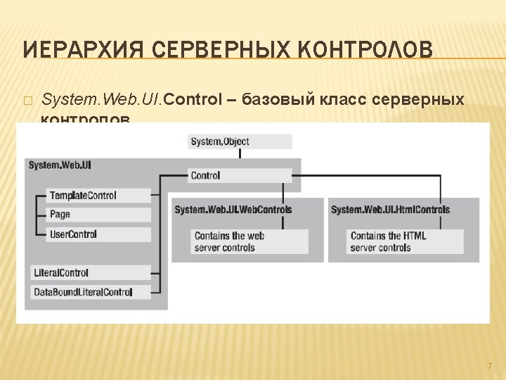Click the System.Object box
[x=240, y=141]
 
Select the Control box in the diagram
[x=240, y=176]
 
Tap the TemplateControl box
[x=99, y=195]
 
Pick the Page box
[x=99, y=214]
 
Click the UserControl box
[x=99, y=234]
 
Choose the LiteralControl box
[x=91, y=272]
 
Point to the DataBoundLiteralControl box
[x=91, y=291]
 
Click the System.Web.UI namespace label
[x=60, y=165]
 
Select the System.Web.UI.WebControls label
[x=233, y=210]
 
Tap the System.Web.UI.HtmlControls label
[x=390, y=210]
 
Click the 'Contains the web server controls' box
[x=249, y=241]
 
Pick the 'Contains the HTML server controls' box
[x=406, y=241]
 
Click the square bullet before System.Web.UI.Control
[x=27, y=101]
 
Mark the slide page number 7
[x=490, y=367]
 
